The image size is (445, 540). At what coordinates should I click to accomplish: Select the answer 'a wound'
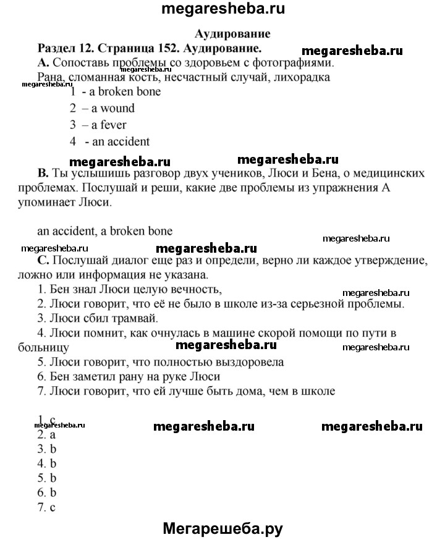coord(113,108)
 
